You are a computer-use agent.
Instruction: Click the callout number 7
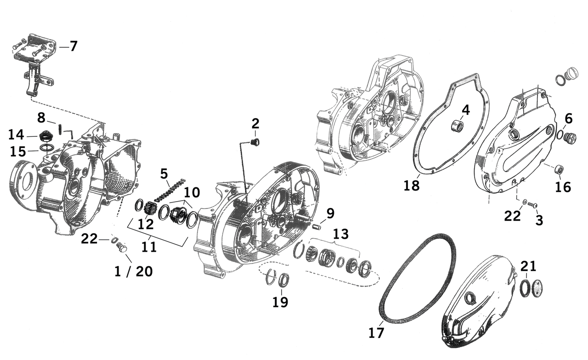(x=73, y=46)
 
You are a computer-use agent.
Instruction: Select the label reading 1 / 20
(x=133, y=271)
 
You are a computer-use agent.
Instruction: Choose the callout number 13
(x=341, y=234)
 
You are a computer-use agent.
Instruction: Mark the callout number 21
(x=528, y=266)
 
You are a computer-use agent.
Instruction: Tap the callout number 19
(x=280, y=302)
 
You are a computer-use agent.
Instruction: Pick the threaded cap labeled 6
(x=570, y=137)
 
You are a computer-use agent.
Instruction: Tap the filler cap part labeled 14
(x=45, y=136)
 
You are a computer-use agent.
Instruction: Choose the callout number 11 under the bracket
(x=149, y=247)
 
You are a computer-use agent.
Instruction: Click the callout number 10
(x=192, y=192)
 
